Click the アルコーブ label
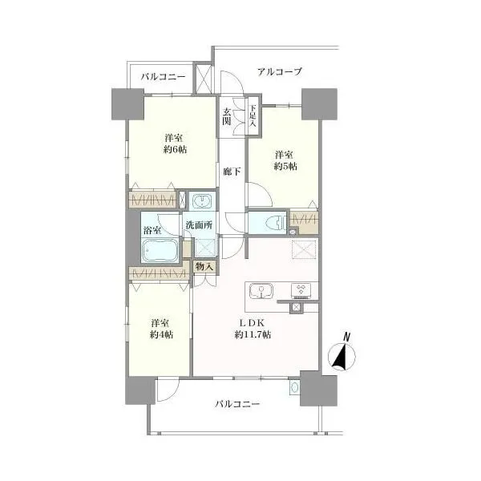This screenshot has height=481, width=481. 280,72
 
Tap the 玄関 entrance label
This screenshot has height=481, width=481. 227,116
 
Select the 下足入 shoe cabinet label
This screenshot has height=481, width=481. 253,115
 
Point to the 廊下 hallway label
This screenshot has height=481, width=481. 232,172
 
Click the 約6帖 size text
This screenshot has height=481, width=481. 175,150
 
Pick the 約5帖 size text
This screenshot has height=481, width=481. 285,166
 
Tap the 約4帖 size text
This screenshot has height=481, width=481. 161,334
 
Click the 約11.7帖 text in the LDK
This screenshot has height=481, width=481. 253,334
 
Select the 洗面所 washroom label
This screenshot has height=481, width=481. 199,225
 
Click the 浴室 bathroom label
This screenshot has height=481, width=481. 152,230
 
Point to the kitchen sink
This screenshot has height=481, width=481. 261,291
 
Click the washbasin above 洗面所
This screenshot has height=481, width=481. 202,201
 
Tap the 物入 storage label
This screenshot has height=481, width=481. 204,267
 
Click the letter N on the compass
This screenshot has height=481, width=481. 347,337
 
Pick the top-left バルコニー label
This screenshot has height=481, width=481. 164,77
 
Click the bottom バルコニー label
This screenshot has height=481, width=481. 237,404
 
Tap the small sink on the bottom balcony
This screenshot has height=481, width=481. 294,388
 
